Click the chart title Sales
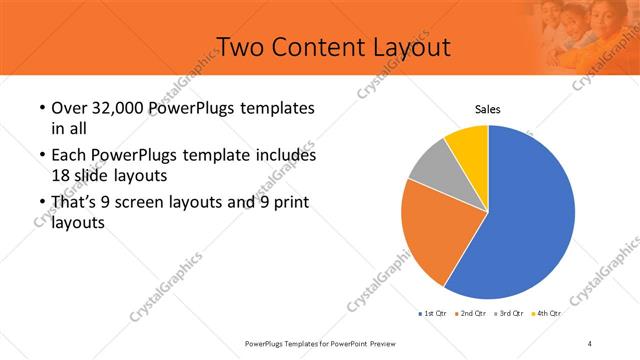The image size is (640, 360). pos(487,109)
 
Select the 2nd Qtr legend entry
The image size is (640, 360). pos(470,313)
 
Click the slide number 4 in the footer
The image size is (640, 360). pos(590,343)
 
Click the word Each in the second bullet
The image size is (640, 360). pos(68,155)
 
